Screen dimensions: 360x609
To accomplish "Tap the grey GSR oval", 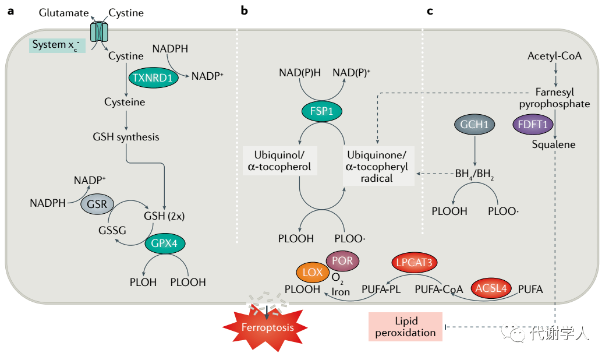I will (98, 204).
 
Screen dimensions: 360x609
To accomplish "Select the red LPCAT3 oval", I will (415, 262).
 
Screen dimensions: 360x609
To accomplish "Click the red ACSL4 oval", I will (490, 288).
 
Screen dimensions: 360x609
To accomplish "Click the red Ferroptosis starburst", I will (268, 327).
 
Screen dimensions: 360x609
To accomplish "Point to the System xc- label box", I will (57, 45).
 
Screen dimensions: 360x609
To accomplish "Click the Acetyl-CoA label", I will (554, 56).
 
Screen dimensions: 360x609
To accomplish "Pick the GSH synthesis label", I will (126, 137).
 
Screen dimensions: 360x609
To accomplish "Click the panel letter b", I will (244, 10).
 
